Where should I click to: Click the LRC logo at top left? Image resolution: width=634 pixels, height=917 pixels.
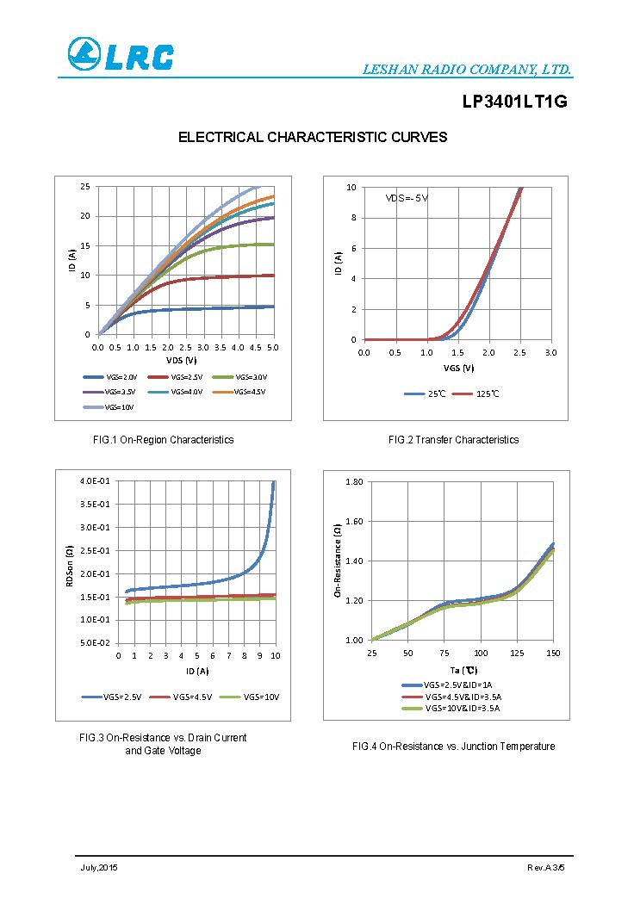coord(121,55)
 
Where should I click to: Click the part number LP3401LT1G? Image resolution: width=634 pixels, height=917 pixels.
coord(514,102)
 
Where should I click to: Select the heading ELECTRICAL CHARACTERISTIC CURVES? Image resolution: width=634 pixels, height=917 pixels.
coord(312,137)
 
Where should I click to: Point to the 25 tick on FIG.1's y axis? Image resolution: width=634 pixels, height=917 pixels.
coord(85,186)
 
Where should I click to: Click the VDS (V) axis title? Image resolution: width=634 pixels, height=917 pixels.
coord(182,360)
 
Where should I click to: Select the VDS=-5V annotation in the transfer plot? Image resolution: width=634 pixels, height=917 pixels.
coord(407,198)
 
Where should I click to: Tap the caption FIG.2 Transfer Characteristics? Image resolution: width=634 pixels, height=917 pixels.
coord(453,440)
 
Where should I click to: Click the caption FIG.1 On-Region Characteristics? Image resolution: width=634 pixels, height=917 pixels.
coord(163,440)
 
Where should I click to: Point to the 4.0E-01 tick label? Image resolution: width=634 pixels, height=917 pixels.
coord(94,480)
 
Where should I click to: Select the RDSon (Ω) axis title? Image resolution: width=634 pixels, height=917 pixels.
coord(70,567)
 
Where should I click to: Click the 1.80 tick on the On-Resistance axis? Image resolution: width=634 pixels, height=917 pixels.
coord(354,480)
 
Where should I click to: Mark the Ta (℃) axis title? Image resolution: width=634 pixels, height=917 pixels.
coord(463,669)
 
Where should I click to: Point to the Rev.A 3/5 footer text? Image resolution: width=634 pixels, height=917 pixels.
coord(545,867)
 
